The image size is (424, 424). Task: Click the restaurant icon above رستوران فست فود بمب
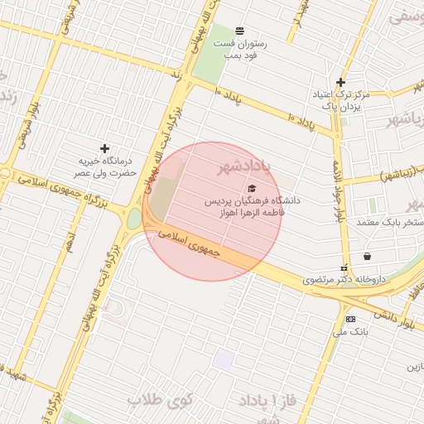tap(239, 31)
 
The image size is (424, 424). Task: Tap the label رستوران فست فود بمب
tap(240, 48)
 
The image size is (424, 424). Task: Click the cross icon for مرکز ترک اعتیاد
tap(340, 82)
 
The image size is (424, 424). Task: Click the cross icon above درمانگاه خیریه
tap(104, 147)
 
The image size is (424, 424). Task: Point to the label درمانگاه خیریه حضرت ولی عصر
tap(106, 166)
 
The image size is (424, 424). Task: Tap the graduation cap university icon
tap(252, 188)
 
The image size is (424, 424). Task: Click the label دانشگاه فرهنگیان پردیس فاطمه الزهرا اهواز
tap(253, 206)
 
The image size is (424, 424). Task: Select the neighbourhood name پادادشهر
tap(244, 169)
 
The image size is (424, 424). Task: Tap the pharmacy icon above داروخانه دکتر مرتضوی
tap(367, 256)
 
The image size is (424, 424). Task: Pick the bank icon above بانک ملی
tap(350, 319)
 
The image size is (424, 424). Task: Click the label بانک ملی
tap(349, 333)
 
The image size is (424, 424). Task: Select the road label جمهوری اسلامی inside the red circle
tap(191, 244)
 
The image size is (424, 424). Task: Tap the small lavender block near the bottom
tap(224, 360)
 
